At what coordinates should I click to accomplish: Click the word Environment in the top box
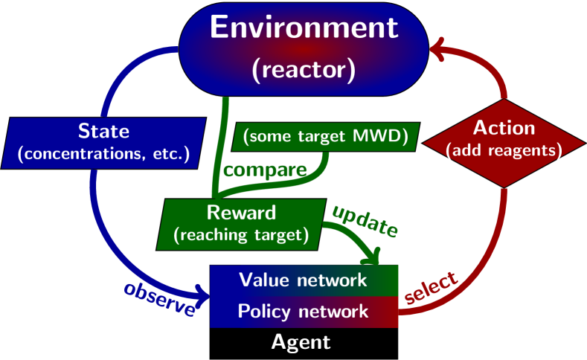(x=304, y=28)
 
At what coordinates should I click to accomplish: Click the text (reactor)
(x=304, y=70)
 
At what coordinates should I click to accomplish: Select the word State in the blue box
(x=103, y=132)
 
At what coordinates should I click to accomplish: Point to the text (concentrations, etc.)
(x=103, y=155)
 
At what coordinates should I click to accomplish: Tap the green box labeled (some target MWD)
(x=327, y=136)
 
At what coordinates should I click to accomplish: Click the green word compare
(x=265, y=170)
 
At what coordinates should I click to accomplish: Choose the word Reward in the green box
(x=241, y=213)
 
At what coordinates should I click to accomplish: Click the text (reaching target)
(x=241, y=235)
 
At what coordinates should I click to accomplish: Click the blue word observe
(x=161, y=298)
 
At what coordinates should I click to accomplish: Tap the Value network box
(x=304, y=280)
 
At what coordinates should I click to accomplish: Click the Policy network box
(x=304, y=311)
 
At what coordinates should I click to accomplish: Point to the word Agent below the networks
(x=301, y=342)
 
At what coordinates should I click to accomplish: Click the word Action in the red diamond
(x=504, y=127)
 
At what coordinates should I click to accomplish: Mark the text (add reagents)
(x=504, y=150)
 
